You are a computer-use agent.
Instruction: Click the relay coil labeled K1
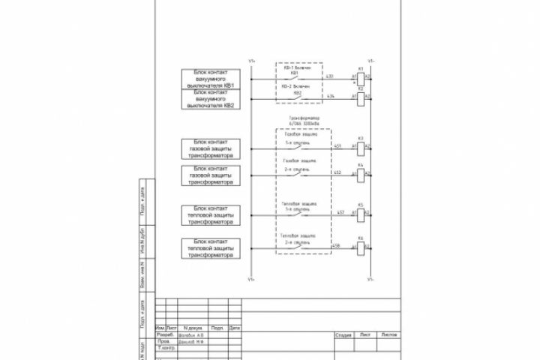pyautogui.click(x=360, y=77)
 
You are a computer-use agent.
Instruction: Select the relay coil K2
pyautogui.click(x=360, y=97)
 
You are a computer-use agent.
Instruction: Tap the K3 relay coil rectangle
pyautogui.click(x=360, y=146)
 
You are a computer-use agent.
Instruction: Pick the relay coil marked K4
pyautogui.click(x=360, y=173)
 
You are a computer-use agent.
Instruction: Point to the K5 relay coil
pyautogui.click(x=360, y=213)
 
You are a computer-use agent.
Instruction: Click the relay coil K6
pyautogui.click(x=360, y=246)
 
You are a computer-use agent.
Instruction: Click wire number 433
pyautogui.click(x=330, y=76)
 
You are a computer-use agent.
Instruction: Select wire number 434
pyautogui.click(x=330, y=96)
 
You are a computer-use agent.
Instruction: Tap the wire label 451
pyautogui.click(x=337, y=145)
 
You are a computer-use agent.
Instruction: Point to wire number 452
pyautogui.click(x=337, y=172)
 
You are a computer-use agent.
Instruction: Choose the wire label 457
pyautogui.click(x=340, y=212)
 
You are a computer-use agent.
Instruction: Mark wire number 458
pyautogui.click(x=335, y=245)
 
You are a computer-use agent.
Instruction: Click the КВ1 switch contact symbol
pyautogui.click(x=297, y=77)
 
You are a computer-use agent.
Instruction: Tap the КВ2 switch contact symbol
pyautogui.click(x=297, y=97)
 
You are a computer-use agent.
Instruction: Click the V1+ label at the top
pyautogui.click(x=251, y=61)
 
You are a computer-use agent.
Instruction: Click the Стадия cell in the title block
pyautogui.click(x=343, y=334)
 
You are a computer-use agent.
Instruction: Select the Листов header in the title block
pyautogui.click(x=389, y=334)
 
